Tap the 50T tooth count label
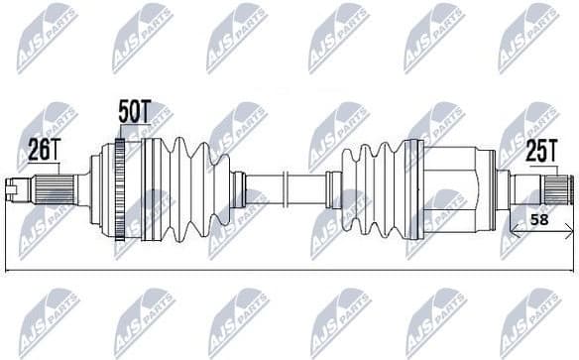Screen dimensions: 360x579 (x=134, y=112)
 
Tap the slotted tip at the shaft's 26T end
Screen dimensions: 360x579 (x=13, y=185)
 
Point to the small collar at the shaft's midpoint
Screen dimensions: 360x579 (x=284, y=185)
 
